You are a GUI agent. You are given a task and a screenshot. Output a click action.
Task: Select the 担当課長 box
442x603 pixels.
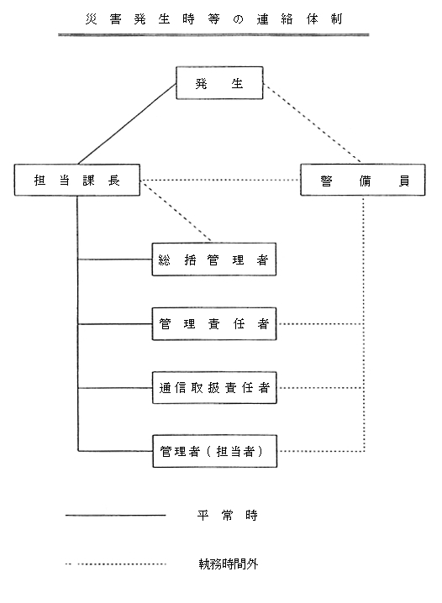tap(77, 181)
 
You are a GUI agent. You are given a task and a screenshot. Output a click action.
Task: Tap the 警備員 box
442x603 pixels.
tap(364, 181)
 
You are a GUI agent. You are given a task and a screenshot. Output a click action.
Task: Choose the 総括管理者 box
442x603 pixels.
tap(214, 260)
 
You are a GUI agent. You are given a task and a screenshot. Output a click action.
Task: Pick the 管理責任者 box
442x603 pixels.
tap(214, 323)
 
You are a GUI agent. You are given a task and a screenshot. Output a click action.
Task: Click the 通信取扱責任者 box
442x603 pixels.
tap(214, 388)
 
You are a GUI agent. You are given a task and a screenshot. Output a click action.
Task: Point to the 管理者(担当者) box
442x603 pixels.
tap(214, 452)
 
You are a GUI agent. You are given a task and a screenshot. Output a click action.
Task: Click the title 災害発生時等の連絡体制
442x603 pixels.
tap(213, 16)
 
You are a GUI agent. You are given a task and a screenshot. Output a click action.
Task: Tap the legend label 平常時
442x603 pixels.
tap(223, 515)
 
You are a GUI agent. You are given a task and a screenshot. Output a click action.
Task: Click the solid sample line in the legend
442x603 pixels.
tap(115, 515)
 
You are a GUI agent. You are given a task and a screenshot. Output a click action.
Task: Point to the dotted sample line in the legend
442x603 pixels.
tap(115, 564)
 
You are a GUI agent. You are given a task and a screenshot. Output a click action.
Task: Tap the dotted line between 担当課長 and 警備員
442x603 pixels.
tap(220, 181)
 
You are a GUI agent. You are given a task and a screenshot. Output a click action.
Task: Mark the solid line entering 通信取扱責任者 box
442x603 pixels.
tap(115, 388)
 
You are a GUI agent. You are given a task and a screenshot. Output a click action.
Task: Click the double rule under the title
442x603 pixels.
tap(213, 35)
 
